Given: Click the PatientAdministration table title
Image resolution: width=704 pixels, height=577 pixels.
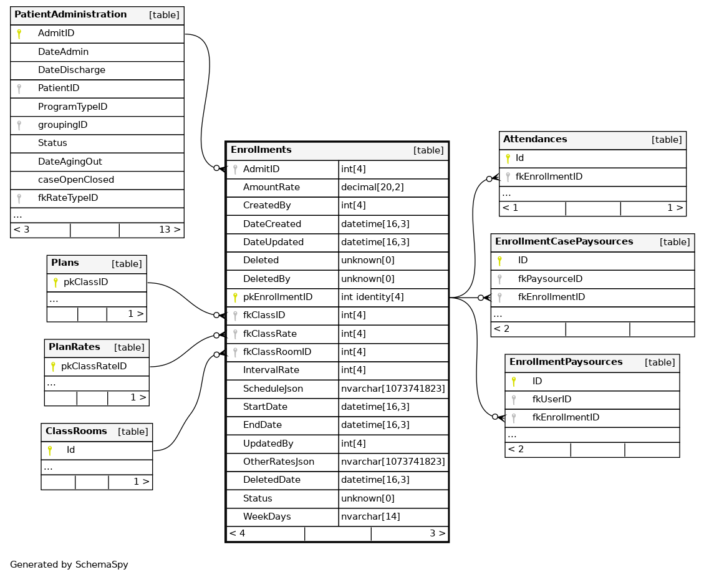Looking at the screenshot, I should pyautogui.click(x=70, y=14).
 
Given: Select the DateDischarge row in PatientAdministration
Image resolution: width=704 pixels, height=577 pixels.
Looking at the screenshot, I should pyautogui.click(x=71, y=70).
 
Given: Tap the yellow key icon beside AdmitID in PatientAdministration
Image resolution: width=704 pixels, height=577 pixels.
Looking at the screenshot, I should pyautogui.click(x=19, y=34).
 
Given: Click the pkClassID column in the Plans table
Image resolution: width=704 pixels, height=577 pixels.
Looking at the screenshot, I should pyautogui.click(x=85, y=282).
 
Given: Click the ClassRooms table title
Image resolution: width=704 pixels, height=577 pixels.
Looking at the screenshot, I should pyautogui.click(x=76, y=431).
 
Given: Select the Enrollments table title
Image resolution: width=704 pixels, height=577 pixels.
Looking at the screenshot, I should pyautogui.click(x=261, y=150).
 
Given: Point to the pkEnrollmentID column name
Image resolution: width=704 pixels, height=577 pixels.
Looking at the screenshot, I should pyautogui.click(x=277, y=297).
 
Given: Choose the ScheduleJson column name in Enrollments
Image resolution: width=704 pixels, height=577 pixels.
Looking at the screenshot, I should pyautogui.click(x=273, y=389).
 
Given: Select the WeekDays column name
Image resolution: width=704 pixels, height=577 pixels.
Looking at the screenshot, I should pyautogui.click(x=267, y=516).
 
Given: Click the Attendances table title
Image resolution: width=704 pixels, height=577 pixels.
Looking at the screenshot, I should pyautogui.click(x=535, y=139).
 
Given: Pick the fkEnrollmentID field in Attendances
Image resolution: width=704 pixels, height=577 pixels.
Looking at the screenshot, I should pyautogui.click(x=549, y=177).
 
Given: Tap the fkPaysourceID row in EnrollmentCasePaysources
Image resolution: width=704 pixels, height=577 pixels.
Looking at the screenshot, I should pyautogui.click(x=550, y=279).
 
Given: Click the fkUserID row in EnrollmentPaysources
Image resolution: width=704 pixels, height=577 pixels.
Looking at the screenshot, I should pyautogui.click(x=552, y=399).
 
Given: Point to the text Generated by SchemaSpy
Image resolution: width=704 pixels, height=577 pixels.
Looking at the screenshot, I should pyautogui.click(x=69, y=565).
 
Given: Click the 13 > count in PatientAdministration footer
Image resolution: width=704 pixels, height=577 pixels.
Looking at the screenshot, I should pyautogui.click(x=170, y=230).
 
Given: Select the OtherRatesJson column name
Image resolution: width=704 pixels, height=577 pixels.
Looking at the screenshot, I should pyautogui.click(x=279, y=462).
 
